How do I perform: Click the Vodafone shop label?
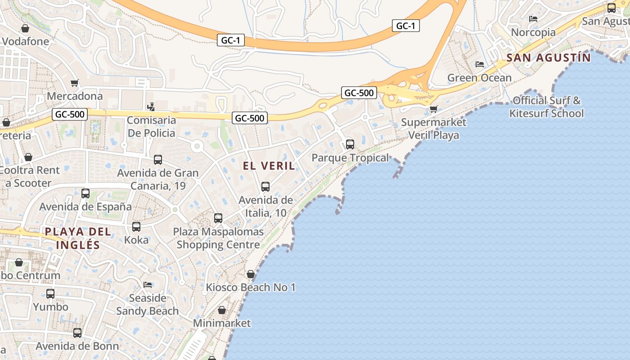point(26,41)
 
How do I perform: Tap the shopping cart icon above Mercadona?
point(75,83)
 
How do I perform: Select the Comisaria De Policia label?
point(151,126)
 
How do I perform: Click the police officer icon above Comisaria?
point(151,107)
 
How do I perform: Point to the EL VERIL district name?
point(269,166)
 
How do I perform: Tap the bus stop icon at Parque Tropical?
point(350,144)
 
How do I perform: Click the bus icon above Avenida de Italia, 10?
point(265,186)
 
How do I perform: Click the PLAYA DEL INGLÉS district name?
point(78,238)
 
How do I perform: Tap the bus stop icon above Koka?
point(136,226)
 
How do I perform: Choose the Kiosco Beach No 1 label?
point(251,287)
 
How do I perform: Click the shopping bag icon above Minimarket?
point(222,310)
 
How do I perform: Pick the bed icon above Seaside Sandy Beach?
point(147,284)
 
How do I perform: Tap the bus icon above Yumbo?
point(50,294)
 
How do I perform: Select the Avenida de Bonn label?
point(77,346)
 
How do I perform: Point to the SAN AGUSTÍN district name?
point(548,58)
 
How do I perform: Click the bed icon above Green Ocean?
point(480,64)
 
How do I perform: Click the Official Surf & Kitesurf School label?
point(546,107)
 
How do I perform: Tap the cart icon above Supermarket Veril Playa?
point(434,109)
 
